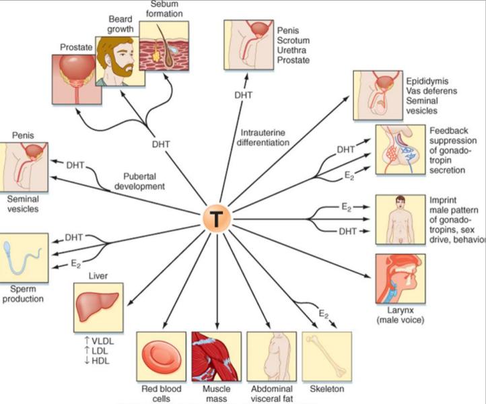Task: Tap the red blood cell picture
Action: click(161, 356)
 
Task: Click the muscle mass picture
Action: click(216, 356)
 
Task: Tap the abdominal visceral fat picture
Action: click(271, 356)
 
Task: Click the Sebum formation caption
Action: click(164, 8)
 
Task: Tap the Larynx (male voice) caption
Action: click(401, 314)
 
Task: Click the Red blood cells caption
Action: click(161, 394)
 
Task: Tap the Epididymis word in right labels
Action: click(429, 81)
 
